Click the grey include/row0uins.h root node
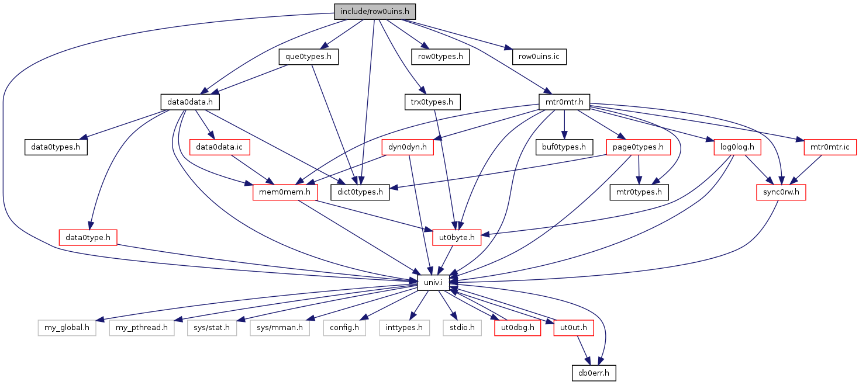(x=375, y=12)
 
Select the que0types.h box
(x=308, y=57)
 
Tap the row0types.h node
(x=440, y=57)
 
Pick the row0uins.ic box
(x=539, y=57)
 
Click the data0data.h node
(x=190, y=102)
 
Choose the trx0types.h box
(x=432, y=102)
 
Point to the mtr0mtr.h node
(x=564, y=102)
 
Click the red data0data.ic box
(x=219, y=147)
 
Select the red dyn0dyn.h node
(x=408, y=147)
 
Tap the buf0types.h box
(x=564, y=147)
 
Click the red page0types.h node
(x=638, y=147)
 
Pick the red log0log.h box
(x=737, y=147)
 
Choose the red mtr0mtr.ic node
(x=830, y=147)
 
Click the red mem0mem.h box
(x=285, y=192)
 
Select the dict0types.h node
(x=360, y=192)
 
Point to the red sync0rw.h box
(x=781, y=192)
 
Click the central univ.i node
(x=433, y=283)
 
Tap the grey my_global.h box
(x=67, y=328)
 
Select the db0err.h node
(x=594, y=373)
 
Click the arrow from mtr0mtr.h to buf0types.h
(x=564, y=124)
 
